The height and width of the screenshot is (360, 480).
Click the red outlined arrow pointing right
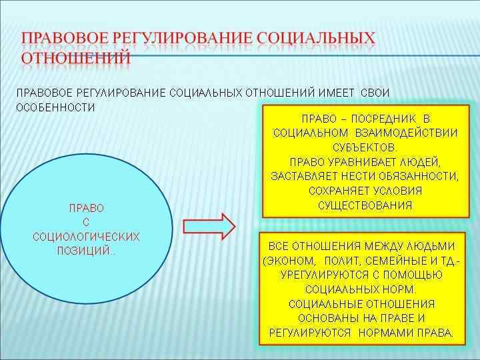point(208,226)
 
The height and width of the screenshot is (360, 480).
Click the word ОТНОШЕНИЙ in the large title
point(75,58)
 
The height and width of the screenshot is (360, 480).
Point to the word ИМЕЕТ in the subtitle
point(336,93)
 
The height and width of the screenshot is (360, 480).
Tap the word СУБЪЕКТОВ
point(365,147)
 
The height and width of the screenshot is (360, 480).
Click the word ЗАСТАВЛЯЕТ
point(301,176)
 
